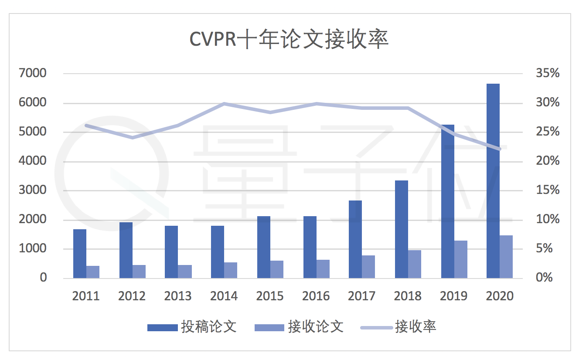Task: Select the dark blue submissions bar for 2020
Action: click(x=493, y=181)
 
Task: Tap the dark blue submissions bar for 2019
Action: click(x=447, y=201)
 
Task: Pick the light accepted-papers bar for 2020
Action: click(x=506, y=257)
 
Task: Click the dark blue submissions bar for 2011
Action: click(x=80, y=254)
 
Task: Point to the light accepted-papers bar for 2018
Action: click(x=415, y=264)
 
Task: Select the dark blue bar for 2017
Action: click(x=355, y=239)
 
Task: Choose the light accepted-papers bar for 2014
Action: click(x=231, y=270)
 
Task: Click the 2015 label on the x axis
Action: click(x=270, y=296)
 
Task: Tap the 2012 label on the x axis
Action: click(x=132, y=296)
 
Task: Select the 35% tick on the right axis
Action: click(x=547, y=73)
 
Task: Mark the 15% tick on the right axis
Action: click(x=547, y=190)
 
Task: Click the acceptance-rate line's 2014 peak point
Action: click(x=224, y=104)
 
